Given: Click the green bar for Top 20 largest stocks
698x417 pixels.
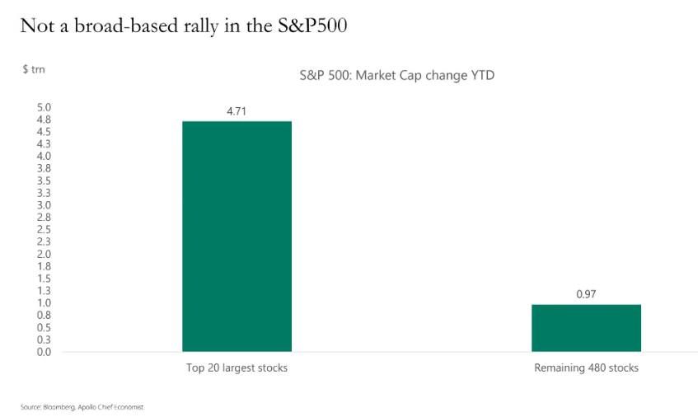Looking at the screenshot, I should (237, 237).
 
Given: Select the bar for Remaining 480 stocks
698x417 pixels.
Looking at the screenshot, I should (586, 328).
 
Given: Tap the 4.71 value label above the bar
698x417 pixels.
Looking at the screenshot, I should (237, 110).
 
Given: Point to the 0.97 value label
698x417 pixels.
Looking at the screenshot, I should (586, 293).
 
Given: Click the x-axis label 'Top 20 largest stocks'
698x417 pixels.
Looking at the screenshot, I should (237, 368).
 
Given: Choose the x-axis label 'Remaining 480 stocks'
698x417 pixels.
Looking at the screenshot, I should (586, 368).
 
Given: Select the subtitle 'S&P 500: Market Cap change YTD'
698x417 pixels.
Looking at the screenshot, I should (396, 76).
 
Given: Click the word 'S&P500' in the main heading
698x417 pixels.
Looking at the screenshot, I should (313, 26).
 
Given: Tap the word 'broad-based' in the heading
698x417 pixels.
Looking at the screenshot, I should (107, 26).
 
